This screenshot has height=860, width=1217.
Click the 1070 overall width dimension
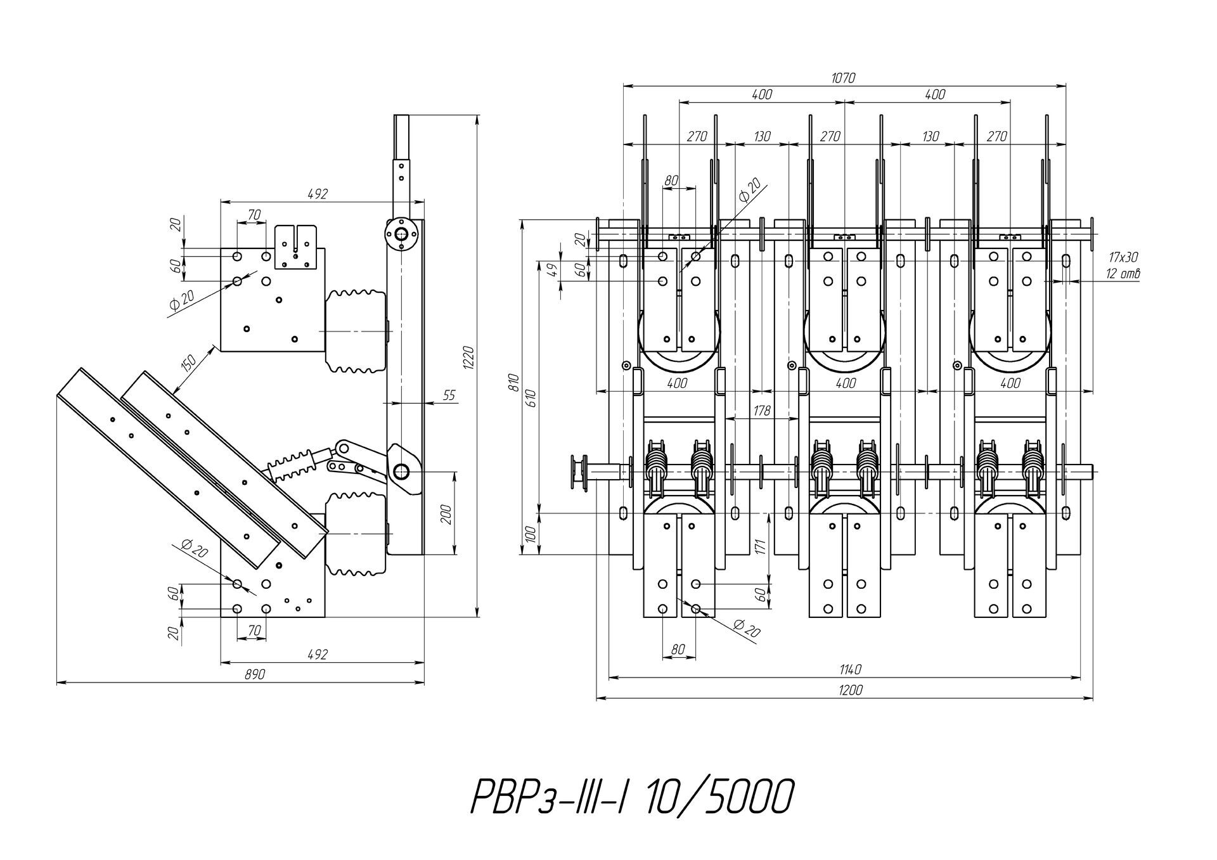843,78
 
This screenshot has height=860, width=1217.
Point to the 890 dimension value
254,675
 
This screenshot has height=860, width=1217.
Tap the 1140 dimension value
849,670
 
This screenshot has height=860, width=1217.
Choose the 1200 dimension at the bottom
849,690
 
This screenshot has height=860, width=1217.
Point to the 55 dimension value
449,395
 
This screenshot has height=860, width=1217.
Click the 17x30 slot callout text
1123,258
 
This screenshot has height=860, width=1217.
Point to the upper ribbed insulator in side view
356,331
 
